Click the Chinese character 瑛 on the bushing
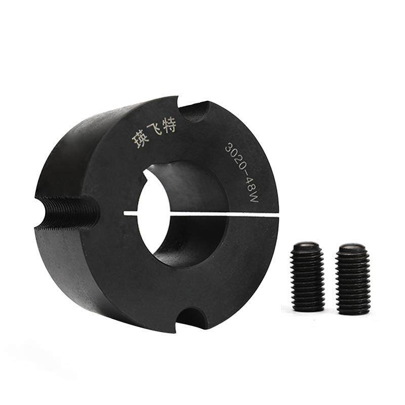point(141,140)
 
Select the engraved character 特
point(169,126)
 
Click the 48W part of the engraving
point(250,190)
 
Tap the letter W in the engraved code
point(254,198)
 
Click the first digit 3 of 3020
point(229,147)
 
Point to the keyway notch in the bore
point(146,176)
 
